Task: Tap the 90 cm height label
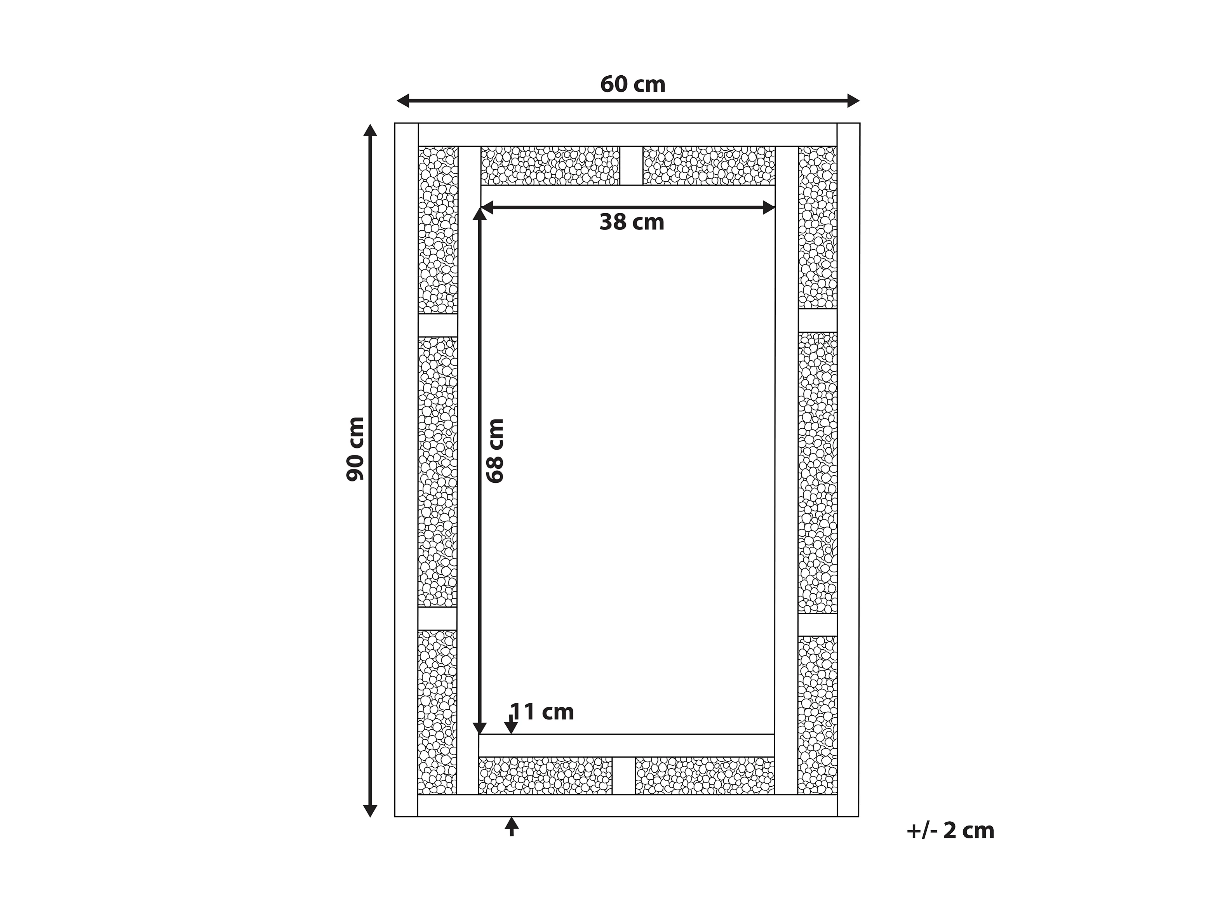coord(355,449)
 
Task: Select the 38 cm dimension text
coord(632,222)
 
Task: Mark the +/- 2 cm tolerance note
coord(950,831)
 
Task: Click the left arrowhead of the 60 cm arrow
coord(403,101)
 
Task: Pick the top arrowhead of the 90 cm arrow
coord(370,130)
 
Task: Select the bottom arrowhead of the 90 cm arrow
coord(370,810)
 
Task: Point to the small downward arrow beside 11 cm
coord(512,724)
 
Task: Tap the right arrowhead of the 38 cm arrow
coord(768,208)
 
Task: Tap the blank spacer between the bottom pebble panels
coord(624,776)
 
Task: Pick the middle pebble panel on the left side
coord(437,472)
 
